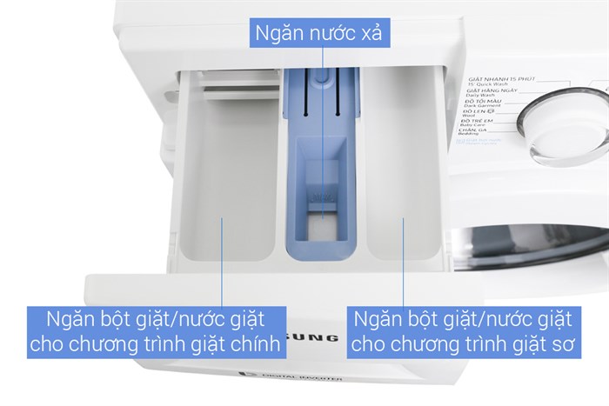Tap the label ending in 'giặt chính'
click(157, 330)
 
